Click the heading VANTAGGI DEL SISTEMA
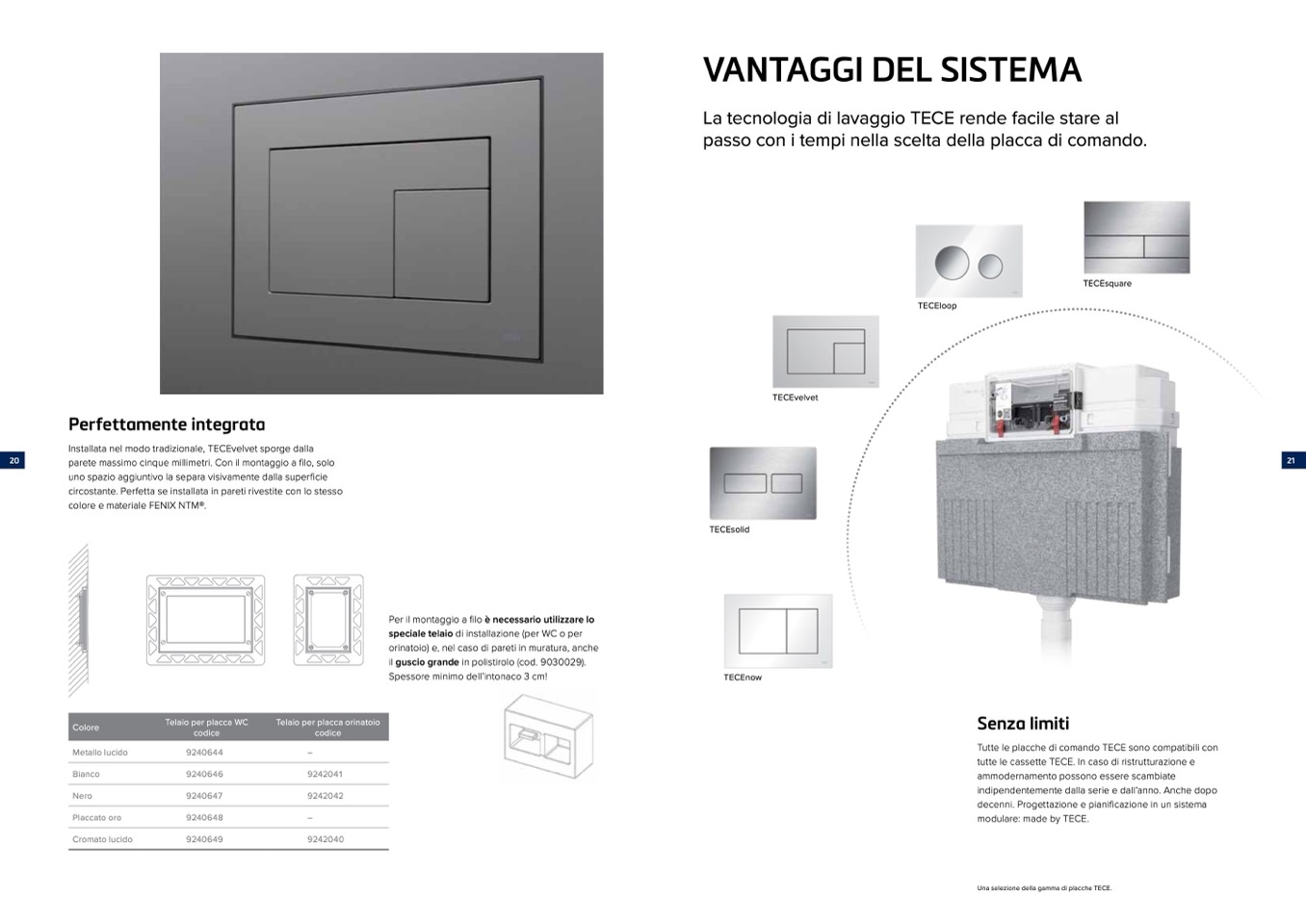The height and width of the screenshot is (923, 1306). click(892, 70)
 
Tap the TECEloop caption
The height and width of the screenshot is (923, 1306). click(937, 306)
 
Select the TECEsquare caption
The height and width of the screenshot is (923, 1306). click(1107, 284)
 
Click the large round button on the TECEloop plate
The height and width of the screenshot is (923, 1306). click(952, 262)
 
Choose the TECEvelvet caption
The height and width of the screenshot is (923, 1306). click(795, 397)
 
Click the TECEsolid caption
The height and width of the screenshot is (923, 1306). click(729, 530)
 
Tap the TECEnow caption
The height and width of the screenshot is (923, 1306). click(743, 678)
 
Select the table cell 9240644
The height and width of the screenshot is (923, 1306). click(204, 753)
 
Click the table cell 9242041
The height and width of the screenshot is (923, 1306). click(325, 774)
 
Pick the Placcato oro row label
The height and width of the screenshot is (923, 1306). click(96, 818)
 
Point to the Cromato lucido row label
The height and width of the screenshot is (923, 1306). click(102, 839)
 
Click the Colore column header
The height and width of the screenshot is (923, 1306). click(86, 728)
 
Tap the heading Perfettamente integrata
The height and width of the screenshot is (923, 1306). click(167, 424)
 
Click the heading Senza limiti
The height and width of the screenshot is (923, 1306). click(1023, 724)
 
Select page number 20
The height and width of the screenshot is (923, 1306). click(13, 461)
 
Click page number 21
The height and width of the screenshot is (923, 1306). click(1291, 461)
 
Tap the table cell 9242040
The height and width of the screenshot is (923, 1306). click(325, 839)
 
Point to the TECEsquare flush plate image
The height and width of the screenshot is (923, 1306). click(1136, 237)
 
